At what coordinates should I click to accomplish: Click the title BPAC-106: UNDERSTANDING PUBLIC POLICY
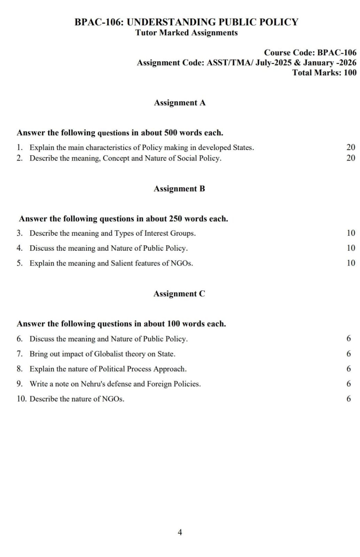coord(186,22)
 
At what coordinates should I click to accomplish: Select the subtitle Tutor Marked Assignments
coord(186,33)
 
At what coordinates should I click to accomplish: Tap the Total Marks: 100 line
coord(324,72)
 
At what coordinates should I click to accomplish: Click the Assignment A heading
coord(180,103)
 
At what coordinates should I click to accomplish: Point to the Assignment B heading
coord(179,189)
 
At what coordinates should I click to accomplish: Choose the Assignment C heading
coord(179,294)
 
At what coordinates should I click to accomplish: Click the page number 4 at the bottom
coord(180,532)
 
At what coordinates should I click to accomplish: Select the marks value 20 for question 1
coord(351,147)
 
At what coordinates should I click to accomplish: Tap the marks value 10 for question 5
coord(351,263)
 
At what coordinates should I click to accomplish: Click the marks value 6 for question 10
coord(349,399)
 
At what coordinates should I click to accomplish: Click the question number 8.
coord(19,369)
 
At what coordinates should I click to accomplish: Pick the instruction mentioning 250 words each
coord(124,219)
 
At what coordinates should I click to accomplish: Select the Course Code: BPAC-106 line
coord(310,53)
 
